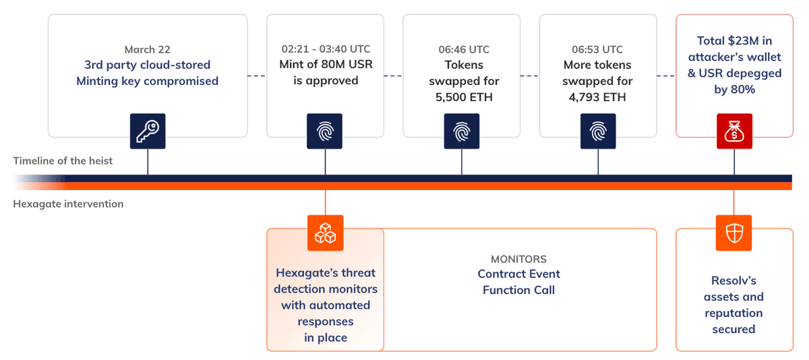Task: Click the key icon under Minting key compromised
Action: tap(148, 131)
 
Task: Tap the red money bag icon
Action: tap(733, 131)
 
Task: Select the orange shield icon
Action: tap(733, 233)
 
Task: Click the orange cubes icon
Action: tap(326, 233)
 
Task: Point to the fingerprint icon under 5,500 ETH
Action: tap(462, 131)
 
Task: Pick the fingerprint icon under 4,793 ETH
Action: tap(598, 131)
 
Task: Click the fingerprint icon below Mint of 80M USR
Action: tap(326, 131)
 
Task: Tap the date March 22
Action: tap(148, 50)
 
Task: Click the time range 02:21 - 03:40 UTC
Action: tap(326, 49)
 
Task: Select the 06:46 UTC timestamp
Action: tap(462, 49)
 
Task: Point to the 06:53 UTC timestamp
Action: tap(598, 49)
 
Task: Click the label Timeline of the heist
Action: tap(62, 160)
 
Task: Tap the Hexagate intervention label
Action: tap(68, 204)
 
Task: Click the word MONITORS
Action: tap(518, 259)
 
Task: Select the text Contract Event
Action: tap(518, 274)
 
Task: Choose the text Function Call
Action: tap(518, 290)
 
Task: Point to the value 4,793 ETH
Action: tap(598, 97)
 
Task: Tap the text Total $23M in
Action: tap(733, 41)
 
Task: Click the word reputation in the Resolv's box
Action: tap(733, 313)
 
